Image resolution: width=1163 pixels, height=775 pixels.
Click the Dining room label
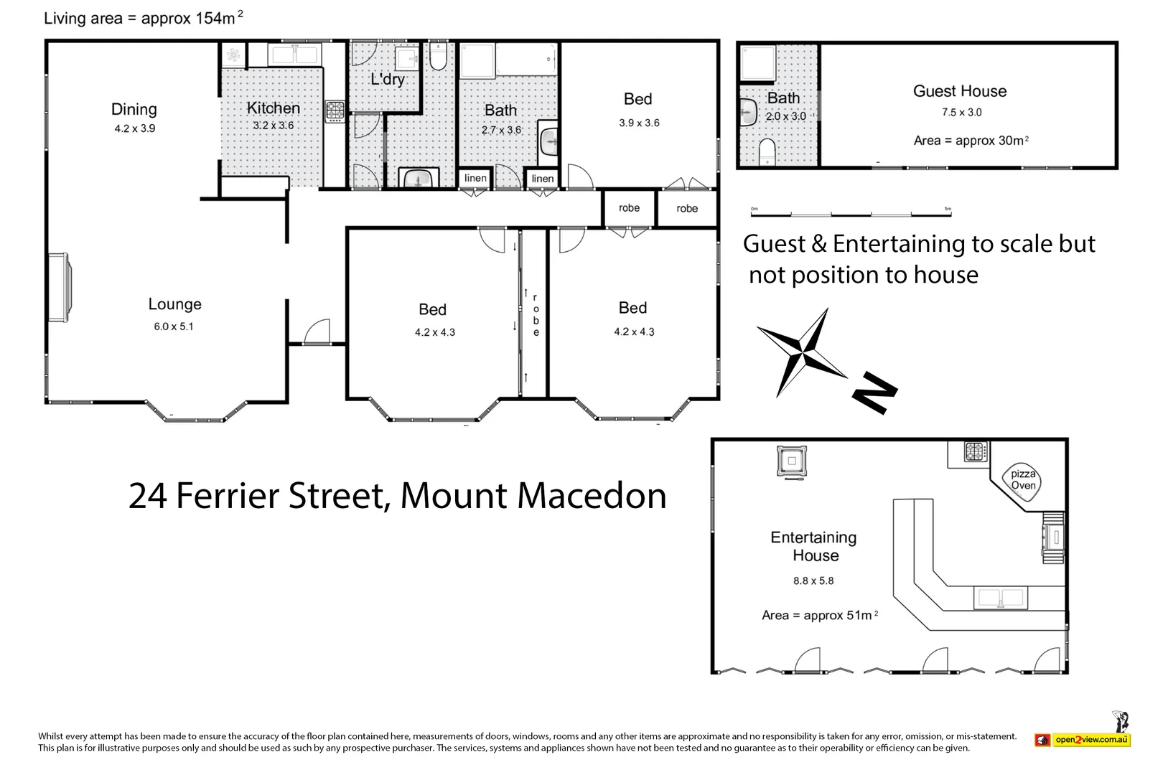[134, 109]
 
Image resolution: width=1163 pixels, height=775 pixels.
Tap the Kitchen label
[273, 108]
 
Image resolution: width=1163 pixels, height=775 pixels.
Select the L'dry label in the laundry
[388, 79]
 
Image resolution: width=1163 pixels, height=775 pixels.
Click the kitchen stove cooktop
[335, 111]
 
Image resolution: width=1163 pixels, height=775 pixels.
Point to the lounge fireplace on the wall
[59, 287]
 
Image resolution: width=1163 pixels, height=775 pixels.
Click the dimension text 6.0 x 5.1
[174, 327]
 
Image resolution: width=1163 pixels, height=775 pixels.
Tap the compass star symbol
[801, 353]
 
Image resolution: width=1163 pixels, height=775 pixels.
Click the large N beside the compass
[875, 392]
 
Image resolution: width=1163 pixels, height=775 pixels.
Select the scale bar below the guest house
[851, 213]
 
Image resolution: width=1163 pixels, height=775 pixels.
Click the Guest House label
[959, 91]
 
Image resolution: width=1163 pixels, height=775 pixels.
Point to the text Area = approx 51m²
[820, 615]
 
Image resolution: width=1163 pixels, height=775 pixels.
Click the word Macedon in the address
[592, 496]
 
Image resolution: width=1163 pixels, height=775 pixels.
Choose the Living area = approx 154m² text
[144, 18]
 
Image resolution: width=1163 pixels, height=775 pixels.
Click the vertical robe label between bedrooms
[536, 315]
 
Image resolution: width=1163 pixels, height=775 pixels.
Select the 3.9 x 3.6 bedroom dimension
[639, 123]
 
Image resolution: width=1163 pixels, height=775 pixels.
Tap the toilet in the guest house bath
[766, 151]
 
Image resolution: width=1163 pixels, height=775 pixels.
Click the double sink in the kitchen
[294, 54]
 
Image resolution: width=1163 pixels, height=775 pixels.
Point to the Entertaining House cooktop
[976, 451]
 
